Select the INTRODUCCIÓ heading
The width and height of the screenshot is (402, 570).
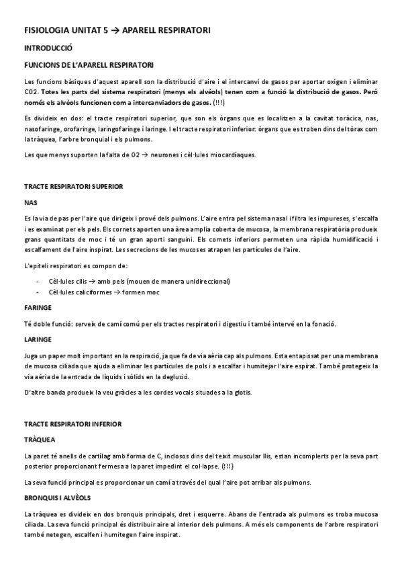click(48, 48)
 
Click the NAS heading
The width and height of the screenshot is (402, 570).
click(30, 201)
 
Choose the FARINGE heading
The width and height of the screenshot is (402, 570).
click(38, 307)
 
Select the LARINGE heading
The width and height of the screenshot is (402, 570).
click(38, 339)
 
